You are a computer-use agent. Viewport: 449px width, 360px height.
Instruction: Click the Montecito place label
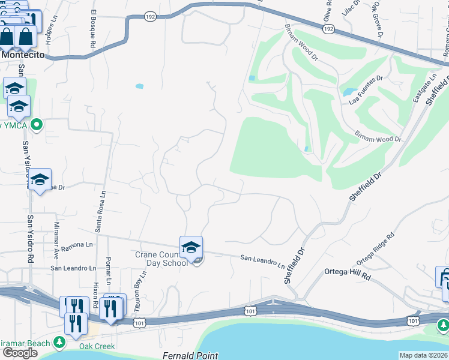click(24, 54)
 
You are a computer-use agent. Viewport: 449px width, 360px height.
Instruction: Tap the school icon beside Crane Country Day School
click(191, 247)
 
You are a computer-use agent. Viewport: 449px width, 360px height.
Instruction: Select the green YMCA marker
click(37, 125)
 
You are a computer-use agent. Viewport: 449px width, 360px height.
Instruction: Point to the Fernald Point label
click(191, 356)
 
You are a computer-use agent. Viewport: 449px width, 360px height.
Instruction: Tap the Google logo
click(20, 353)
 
